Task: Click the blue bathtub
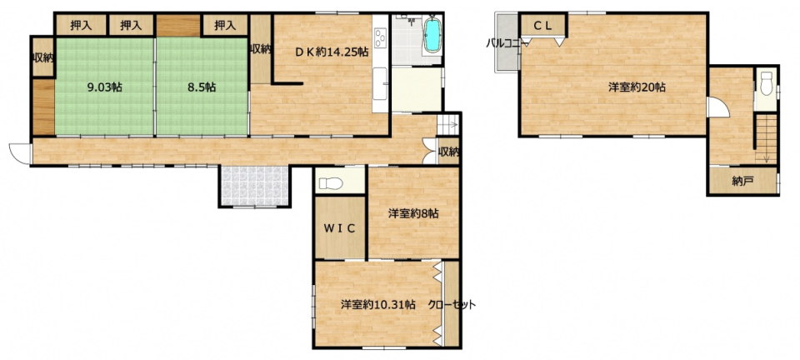(x=432, y=35)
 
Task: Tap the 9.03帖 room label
(x=105, y=87)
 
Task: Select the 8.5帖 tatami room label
(x=202, y=87)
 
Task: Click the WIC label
(x=340, y=228)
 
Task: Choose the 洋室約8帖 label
(x=413, y=214)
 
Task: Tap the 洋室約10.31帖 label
(x=378, y=305)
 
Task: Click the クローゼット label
(x=452, y=305)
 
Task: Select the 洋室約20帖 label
(x=636, y=87)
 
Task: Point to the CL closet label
(x=542, y=27)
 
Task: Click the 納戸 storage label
(x=742, y=182)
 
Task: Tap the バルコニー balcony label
(x=507, y=44)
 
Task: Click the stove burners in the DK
(x=381, y=37)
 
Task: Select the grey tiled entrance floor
(x=255, y=186)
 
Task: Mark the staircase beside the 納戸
(x=765, y=138)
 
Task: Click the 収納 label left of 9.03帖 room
(x=43, y=57)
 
